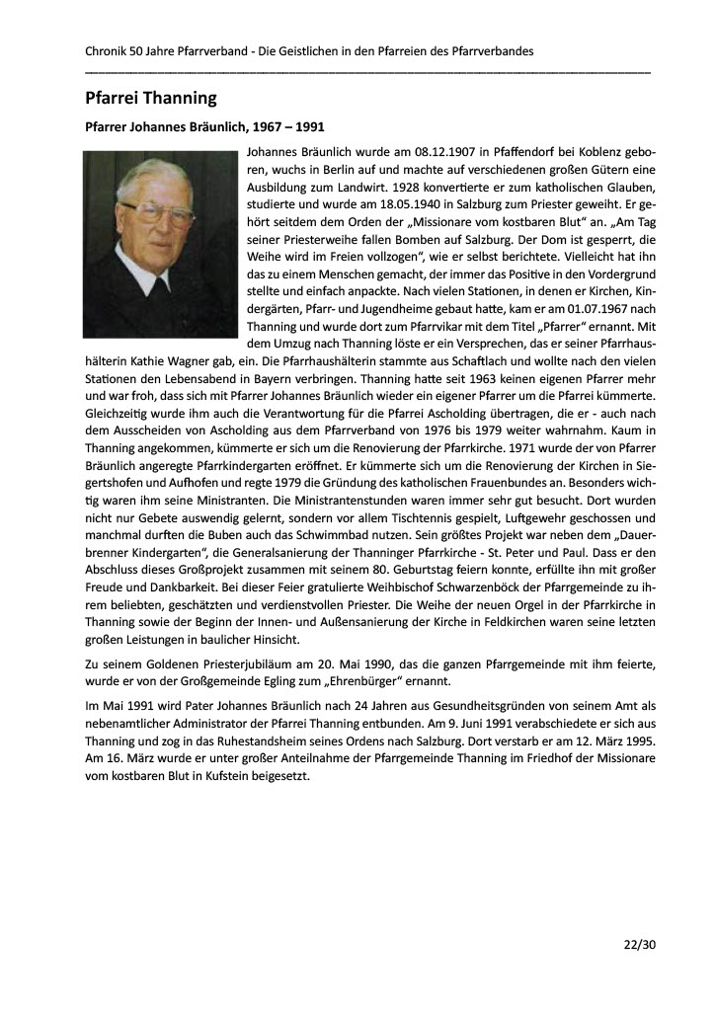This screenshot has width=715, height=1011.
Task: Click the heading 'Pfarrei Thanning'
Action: (x=150, y=98)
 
